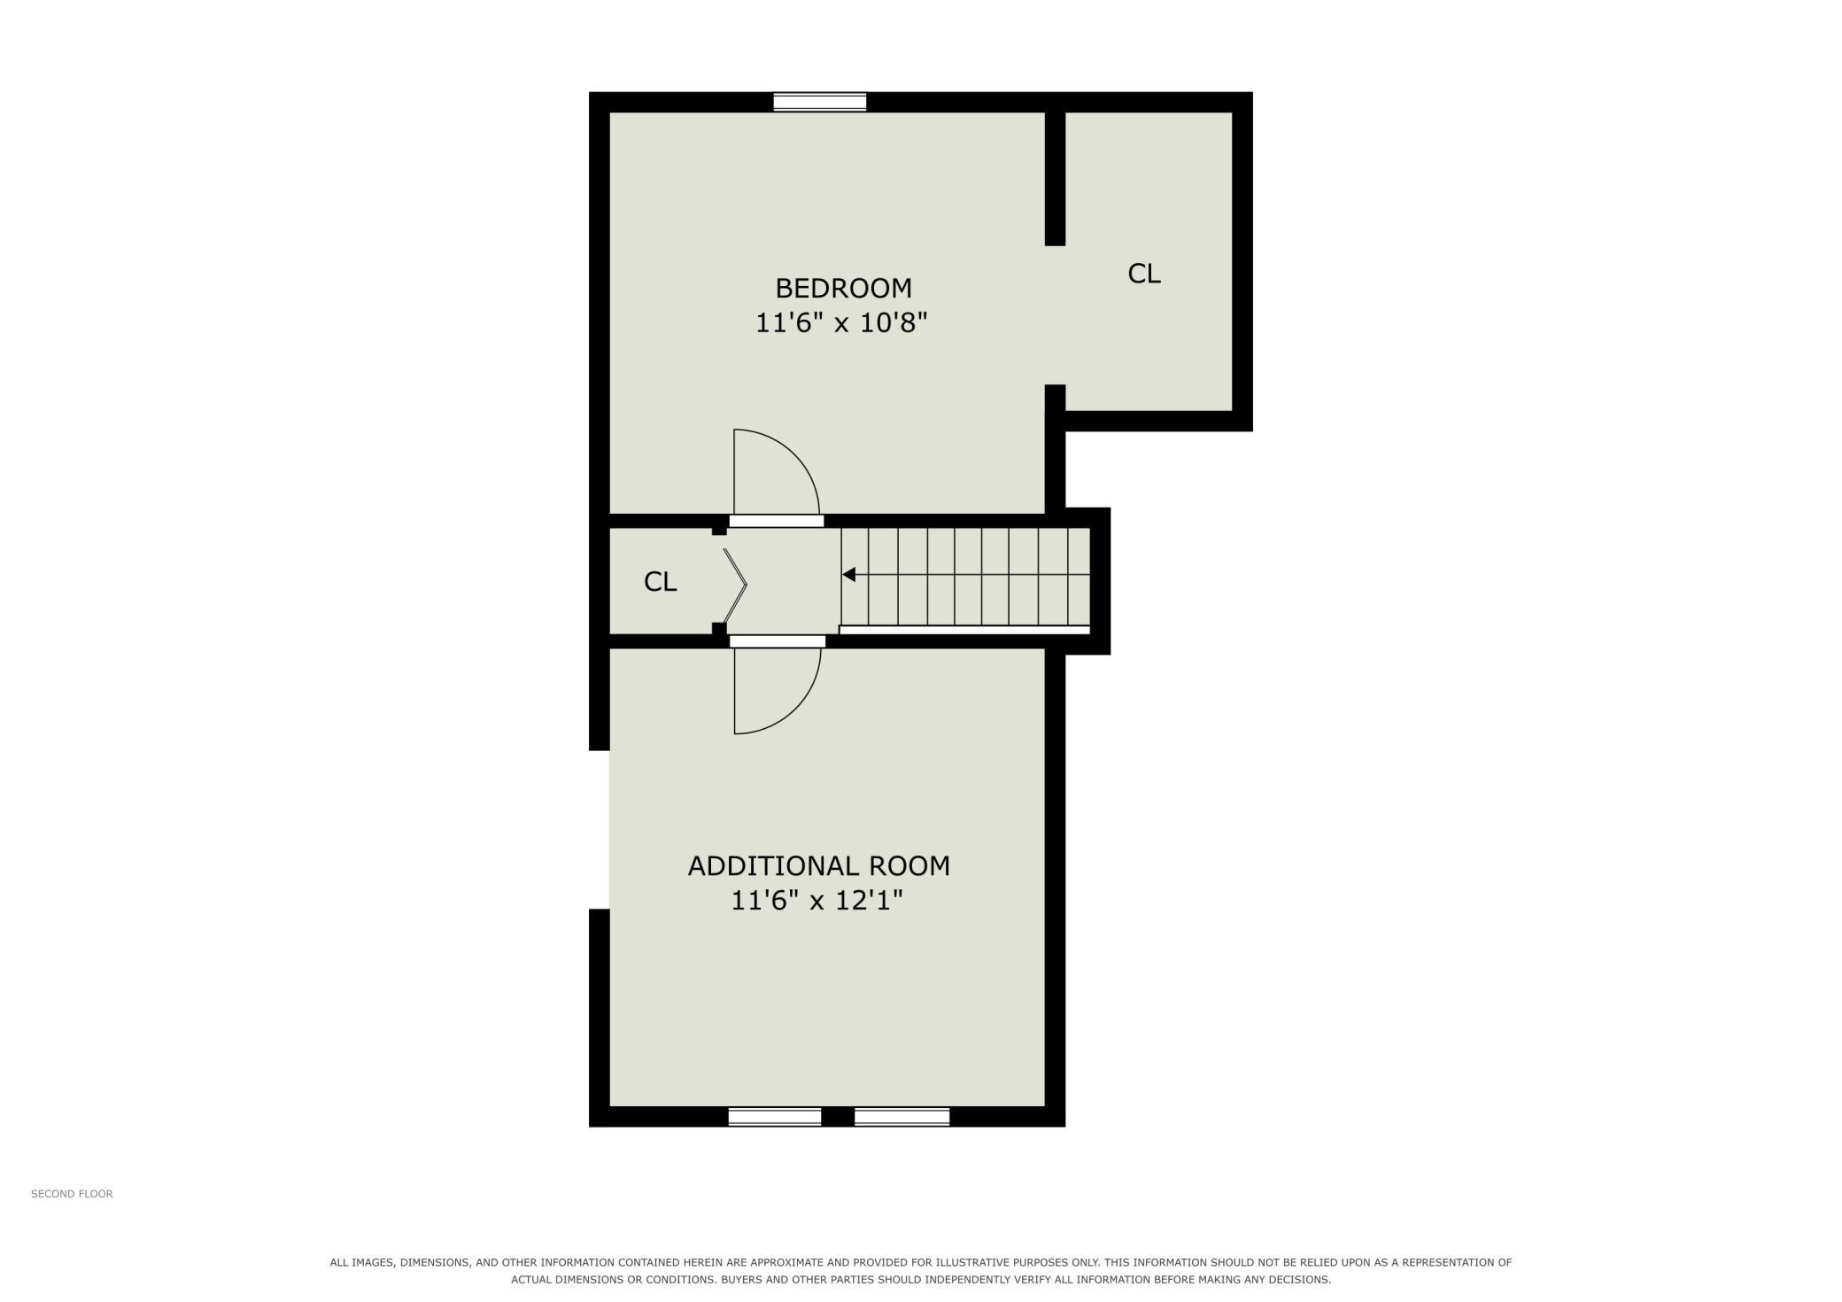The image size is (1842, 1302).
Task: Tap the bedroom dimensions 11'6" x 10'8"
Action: pyautogui.click(x=840, y=322)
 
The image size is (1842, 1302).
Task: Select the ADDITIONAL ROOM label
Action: pyautogui.click(x=819, y=865)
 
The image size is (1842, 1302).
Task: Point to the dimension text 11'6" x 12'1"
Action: pyautogui.click(x=817, y=901)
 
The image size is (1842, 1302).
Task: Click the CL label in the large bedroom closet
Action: pyautogui.click(x=1143, y=274)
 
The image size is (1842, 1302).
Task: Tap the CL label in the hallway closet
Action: pyautogui.click(x=660, y=582)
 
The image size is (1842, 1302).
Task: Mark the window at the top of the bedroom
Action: pyautogui.click(x=819, y=102)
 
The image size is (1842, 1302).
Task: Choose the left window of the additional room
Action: pyautogui.click(x=775, y=1117)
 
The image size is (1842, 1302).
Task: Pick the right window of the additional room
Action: pyautogui.click(x=902, y=1117)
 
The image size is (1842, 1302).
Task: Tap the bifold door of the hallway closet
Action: pyautogui.click(x=735, y=585)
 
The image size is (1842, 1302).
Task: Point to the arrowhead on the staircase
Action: pyautogui.click(x=848, y=575)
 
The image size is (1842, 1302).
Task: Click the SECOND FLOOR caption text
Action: pyautogui.click(x=72, y=1194)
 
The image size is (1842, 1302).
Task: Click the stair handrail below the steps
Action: pyautogui.click(x=964, y=630)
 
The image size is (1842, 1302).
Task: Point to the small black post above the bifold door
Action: pyautogui.click(x=719, y=531)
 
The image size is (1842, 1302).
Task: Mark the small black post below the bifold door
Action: pyautogui.click(x=719, y=629)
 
